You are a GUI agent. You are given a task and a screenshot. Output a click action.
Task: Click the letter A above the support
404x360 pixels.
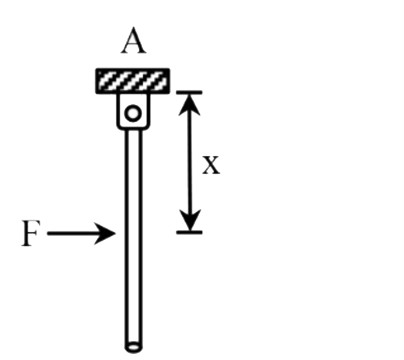click(133, 42)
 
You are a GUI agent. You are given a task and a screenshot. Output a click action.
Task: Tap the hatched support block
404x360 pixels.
click(132, 81)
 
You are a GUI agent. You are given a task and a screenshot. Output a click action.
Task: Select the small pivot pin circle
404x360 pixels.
click(133, 112)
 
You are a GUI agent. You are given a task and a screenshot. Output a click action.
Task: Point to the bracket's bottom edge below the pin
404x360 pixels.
click(133, 128)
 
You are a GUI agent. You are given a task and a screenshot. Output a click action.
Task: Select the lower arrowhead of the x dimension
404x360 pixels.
click(191, 222)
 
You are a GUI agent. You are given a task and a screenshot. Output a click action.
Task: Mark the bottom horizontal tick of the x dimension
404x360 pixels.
click(189, 231)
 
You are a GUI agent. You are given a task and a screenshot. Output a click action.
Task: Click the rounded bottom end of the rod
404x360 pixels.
click(133, 348)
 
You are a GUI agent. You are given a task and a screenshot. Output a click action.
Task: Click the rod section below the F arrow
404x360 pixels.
click(133, 291)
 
